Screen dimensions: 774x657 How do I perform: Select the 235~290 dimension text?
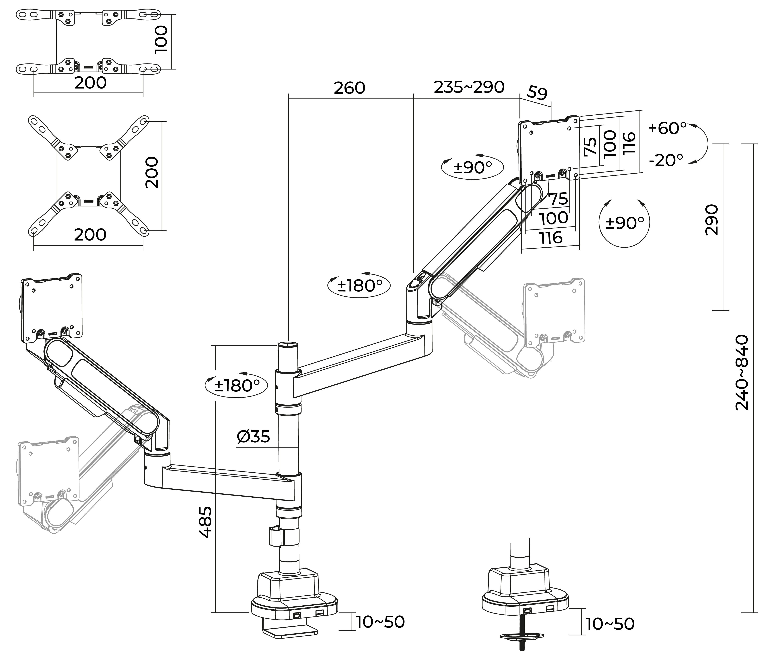469,87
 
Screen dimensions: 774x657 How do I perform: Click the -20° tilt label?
666,160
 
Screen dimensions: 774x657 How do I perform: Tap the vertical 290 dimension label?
711,220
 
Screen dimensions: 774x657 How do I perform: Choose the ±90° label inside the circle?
625,223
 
